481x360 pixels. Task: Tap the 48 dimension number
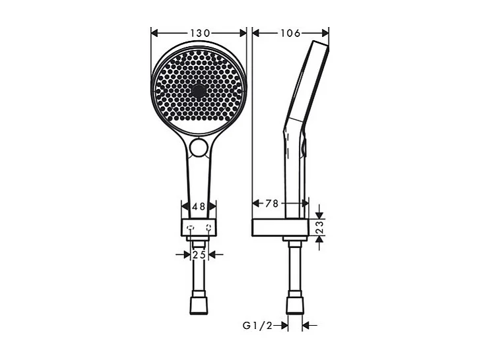point(199,206)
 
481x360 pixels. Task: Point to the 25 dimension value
point(199,253)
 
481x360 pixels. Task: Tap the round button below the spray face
point(198,148)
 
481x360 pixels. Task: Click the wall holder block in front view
point(199,228)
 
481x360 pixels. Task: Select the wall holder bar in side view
point(280,227)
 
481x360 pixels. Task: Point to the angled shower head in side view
point(307,79)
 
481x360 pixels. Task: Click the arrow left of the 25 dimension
point(185,253)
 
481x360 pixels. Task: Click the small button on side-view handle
point(304,150)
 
